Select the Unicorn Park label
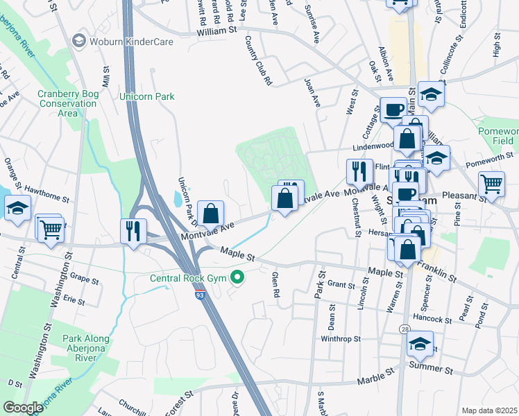(x=147, y=96)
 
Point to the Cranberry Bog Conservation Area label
(x=67, y=103)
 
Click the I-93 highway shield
(x=199, y=295)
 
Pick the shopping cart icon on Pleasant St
(x=491, y=185)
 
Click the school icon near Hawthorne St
(x=17, y=207)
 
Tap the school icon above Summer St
(x=420, y=344)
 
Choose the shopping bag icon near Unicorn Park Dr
(x=210, y=213)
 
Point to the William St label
(x=216, y=31)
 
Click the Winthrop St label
(x=341, y=339)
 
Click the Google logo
(x=23, y=408)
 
